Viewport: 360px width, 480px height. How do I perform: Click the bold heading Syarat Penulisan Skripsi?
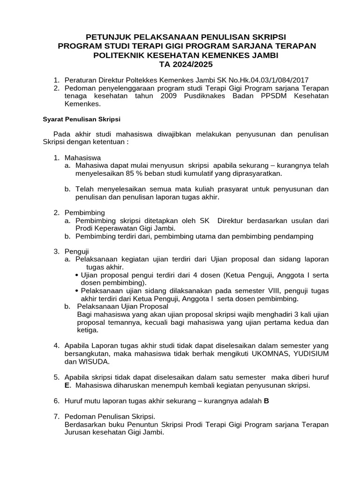(x=82, y=119)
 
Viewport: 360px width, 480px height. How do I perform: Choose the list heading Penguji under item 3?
(x=77, y=252)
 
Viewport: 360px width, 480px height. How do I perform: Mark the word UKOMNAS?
(x=267, y=354)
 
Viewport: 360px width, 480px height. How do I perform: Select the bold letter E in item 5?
(x=67, y=385)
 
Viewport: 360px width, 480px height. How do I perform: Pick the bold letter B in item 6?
(x=266, y=401)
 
